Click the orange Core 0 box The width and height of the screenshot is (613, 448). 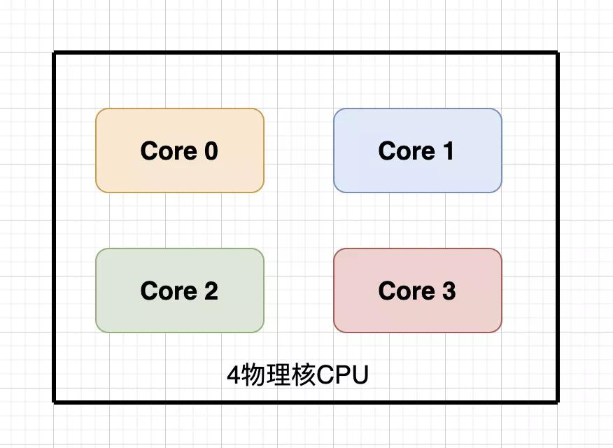click(x=180, y=150)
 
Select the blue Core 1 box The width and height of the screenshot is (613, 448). click(x=418, y=150)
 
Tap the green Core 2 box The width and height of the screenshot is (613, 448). click(x=180, y=290)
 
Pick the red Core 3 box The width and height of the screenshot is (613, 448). click(x=418, y=290)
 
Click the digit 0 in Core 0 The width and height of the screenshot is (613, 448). click(x=211, y=151)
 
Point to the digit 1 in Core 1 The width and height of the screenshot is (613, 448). click(x=448, y=151)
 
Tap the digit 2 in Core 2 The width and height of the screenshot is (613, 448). click(x=211, y=290)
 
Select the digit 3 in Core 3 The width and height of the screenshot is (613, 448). click(x=449, y=290)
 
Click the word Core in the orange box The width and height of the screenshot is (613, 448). click(x=169, y=151)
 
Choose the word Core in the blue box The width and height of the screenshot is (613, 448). click(x=407, y=151)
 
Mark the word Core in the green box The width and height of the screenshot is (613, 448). click(x=169, y=290)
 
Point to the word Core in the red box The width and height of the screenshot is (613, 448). click(x=407, y=290)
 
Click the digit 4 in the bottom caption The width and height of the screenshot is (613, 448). click(x=234, y=375)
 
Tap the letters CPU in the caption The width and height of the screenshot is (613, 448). click(x=342, y=375)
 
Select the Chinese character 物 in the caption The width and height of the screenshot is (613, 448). click(x=253, y=375)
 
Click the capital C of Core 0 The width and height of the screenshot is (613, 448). click(x=150, y=151)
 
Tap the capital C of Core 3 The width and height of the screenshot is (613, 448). click(x=388, y=290)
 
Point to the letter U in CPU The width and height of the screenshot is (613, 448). click(x=360, y=375)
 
